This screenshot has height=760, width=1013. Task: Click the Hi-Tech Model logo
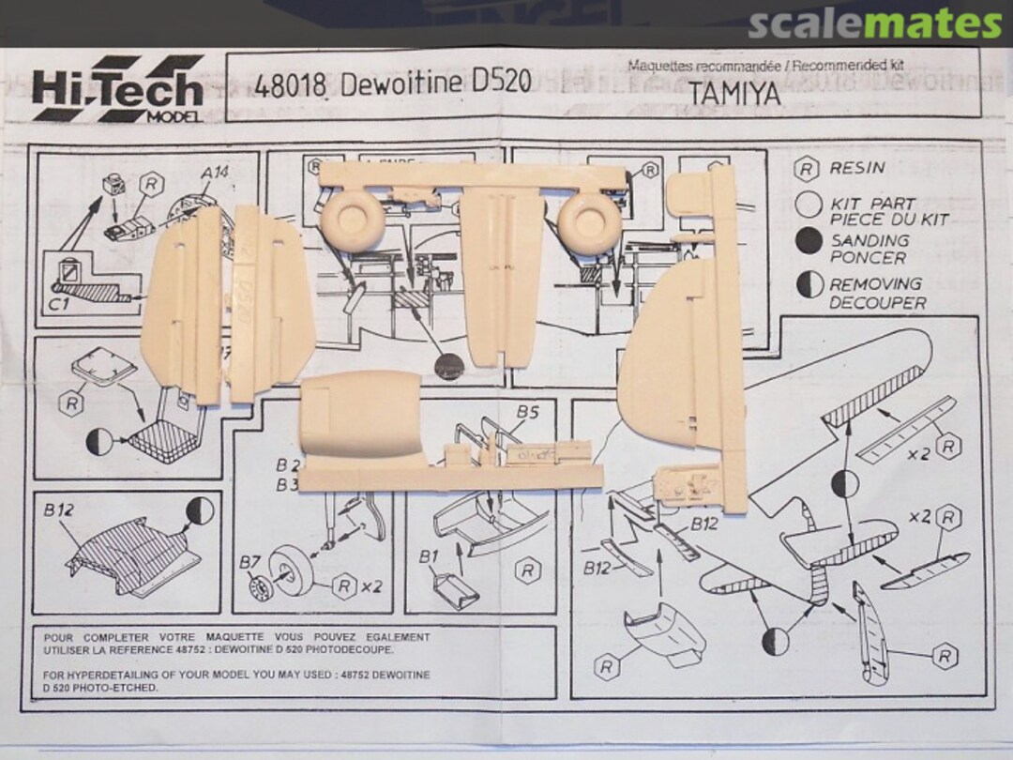(118, 89)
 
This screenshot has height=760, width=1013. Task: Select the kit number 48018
(290, 84)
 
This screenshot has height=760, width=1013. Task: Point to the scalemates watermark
(874, 23)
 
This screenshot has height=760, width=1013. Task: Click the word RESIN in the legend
(857, 169)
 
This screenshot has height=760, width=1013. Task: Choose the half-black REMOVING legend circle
(809, 285)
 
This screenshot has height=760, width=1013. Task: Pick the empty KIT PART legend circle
(809, 205)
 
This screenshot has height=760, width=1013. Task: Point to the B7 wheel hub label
(249, 562)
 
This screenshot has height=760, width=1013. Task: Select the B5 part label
(527, 411)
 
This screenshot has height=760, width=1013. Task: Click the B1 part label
(429, 557)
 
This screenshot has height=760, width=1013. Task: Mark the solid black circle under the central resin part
(448, 367)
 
